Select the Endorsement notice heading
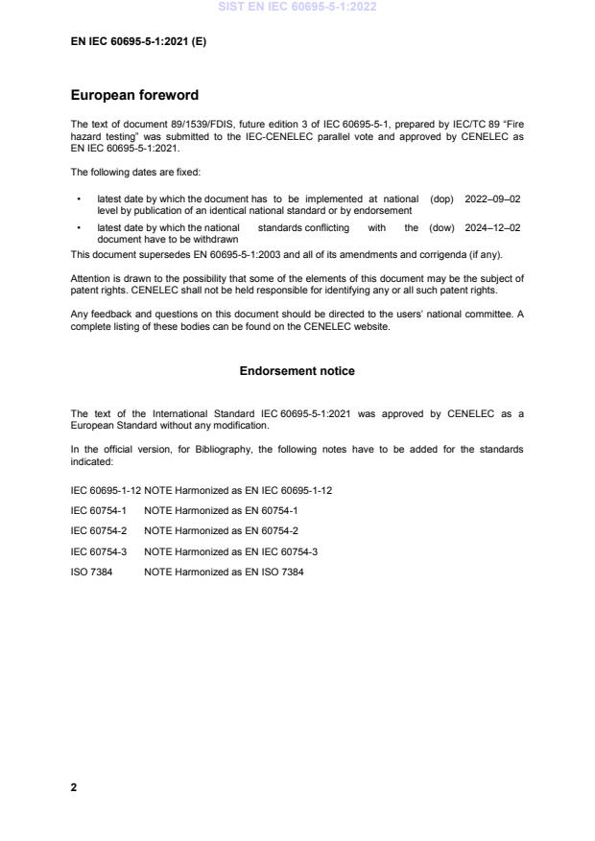(297, 370)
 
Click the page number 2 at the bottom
(74, 787)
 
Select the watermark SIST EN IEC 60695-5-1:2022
(297, 7)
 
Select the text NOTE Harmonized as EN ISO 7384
(224, 572)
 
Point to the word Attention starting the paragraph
(90, 278)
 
